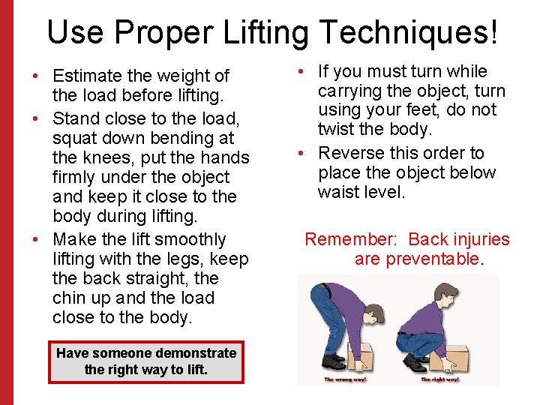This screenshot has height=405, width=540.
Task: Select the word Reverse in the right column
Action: pyautogui.click(x=352, y=153)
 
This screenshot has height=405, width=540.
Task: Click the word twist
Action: pyautogui.click(x=336, y=130)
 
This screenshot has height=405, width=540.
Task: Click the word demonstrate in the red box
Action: pyautogui.click(x=196, y=352)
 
